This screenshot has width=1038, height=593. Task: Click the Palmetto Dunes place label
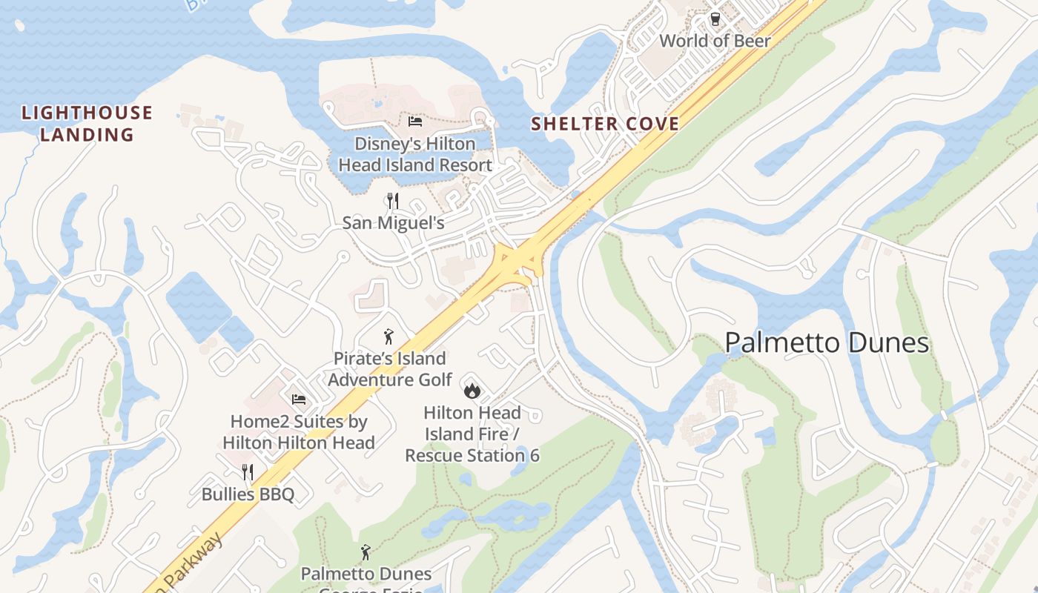coord(826,343)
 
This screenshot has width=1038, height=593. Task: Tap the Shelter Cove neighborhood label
coord(605,124)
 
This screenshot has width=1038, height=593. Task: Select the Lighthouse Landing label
coord(87,124)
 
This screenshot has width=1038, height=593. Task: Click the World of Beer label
coord(715,41)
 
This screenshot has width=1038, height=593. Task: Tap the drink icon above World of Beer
coord(715,19)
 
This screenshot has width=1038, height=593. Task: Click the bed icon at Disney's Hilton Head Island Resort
coord(414,121)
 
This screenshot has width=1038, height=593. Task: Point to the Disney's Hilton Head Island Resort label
coord(415,154)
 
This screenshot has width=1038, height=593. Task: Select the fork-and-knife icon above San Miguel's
coord(393,200)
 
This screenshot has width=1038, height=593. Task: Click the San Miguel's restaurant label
coord(393,222)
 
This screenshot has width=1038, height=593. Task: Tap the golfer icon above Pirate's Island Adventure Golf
coord(388,337)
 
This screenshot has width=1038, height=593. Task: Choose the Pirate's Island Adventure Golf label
coord(390,369)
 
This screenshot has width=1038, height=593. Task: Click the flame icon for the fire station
coord(472,390)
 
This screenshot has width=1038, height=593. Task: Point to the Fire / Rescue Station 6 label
coord(472,434)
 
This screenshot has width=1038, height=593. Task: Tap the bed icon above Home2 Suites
coord(299,399)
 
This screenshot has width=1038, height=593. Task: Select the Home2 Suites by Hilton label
coord(299,432)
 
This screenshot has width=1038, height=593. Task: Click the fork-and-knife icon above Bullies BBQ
coord(248,471)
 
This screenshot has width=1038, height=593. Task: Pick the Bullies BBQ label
coord(248,494)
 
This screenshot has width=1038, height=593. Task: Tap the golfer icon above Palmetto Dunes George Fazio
coord(365,552)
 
